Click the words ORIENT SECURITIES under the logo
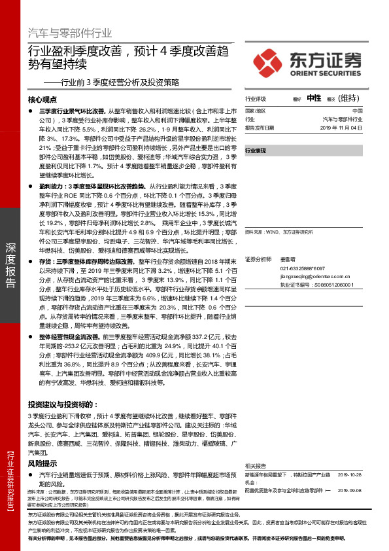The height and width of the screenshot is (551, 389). coord(323,73)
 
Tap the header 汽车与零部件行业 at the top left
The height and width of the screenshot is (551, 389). coord(70,33)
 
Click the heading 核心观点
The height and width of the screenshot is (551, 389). coord(44,101)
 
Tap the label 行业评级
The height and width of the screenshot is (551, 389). coord(256,99)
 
